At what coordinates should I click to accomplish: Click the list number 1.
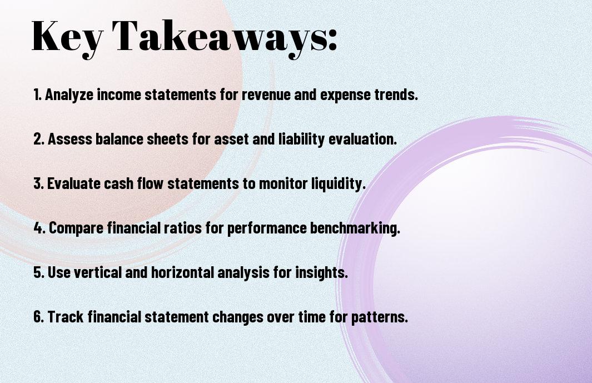(x=37, y=94)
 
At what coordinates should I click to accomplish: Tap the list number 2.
(x=38, y=139)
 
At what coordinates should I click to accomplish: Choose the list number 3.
(x=38, y=183)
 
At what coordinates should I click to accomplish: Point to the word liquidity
(x=337, y=184)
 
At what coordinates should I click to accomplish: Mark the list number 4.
(x=39, y=228)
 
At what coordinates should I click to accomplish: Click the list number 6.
(x=38, y=317)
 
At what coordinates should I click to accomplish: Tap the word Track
(x=66, y=317)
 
